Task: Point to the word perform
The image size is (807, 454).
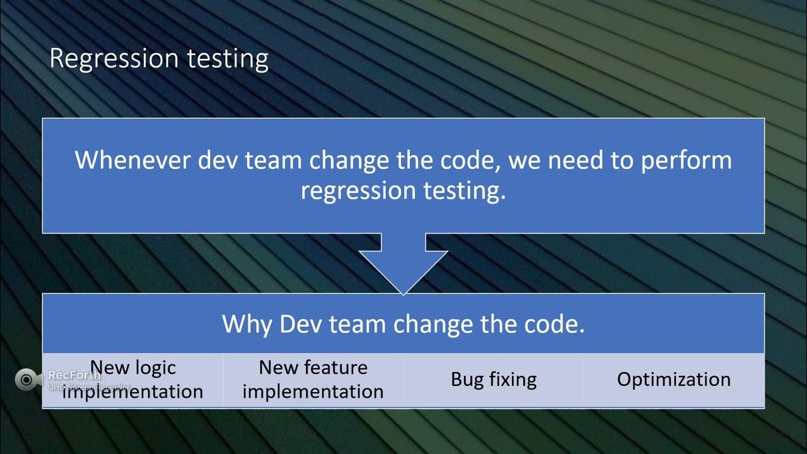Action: click(x=687, y=160)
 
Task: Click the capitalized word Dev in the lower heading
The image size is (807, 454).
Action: click(x=296, y=324)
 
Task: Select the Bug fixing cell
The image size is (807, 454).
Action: click(x=494, y=380)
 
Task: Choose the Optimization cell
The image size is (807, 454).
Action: click(x=673, y=380)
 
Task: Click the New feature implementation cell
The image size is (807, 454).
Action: click(x=313, y=380)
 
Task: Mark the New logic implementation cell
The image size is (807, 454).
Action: click(x=133, y=380)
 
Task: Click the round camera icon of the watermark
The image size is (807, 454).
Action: click(x=26, y=379)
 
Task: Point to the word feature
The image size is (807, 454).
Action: click(x=339, y=368)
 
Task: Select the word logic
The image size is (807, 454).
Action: click(x=154, y=368)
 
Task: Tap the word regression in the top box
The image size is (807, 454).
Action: click(x=354, y=190)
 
